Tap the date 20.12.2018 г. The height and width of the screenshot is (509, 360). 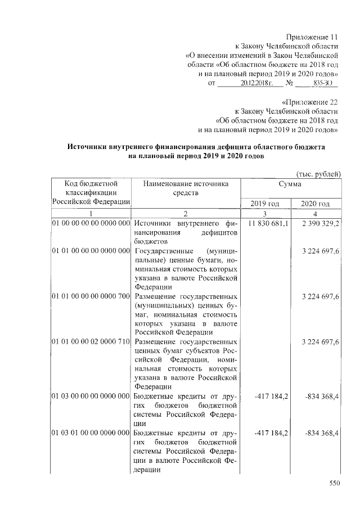coord(256,83)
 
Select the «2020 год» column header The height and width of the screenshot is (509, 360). coord(315,203)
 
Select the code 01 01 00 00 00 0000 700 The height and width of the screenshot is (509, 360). coord(91,296)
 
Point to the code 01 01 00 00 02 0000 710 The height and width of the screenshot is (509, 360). coord(91,341)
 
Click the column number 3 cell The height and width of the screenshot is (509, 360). coord(265,214)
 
